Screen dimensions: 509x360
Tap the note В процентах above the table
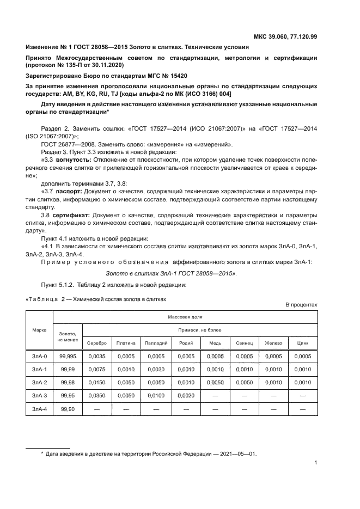coord(302,305)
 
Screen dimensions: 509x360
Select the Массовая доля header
coord(185,316)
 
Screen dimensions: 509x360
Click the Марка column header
coord(39,330)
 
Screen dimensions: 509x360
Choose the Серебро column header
coord(97,343)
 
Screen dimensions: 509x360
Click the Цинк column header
coord(302,343)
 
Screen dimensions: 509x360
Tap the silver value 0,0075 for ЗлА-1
coord(97,369)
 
